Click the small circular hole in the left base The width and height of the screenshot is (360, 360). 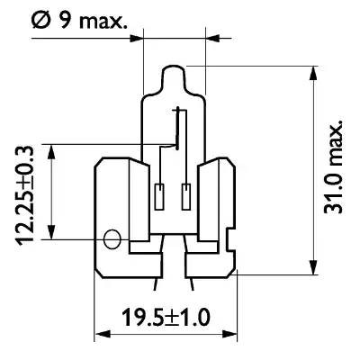click(112, 240)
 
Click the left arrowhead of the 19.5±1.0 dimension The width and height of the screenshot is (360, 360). click(101, 334)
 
